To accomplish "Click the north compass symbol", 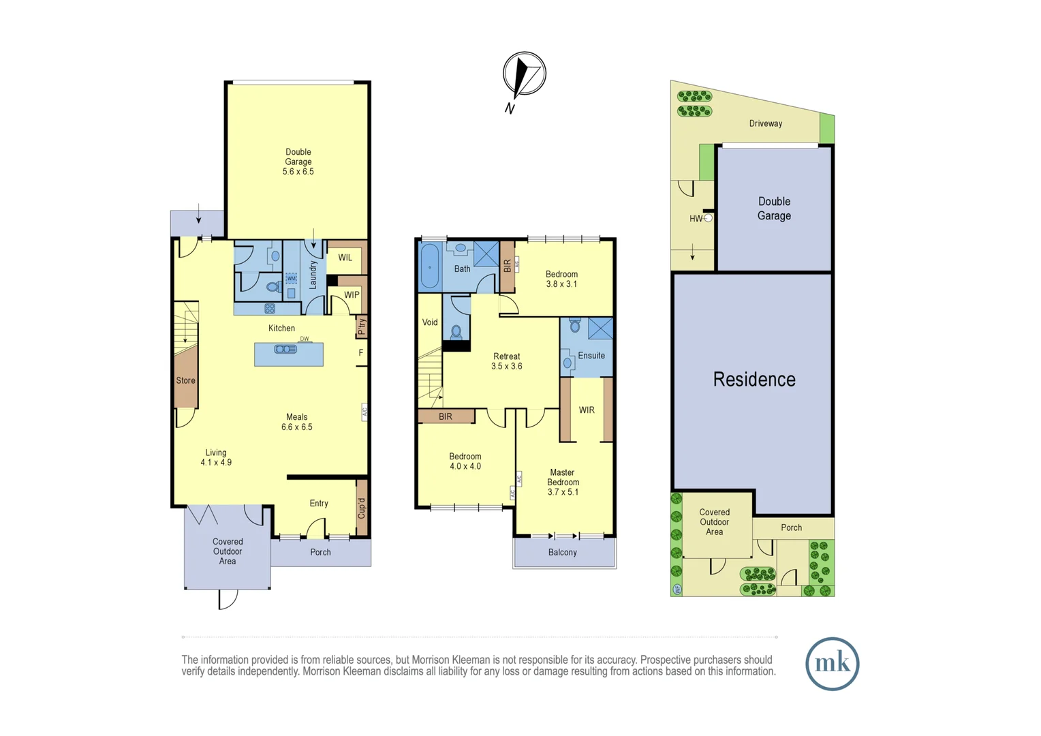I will [x=524, y=74].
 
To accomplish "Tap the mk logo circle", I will [x=832, y=664].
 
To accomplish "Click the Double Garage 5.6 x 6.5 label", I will [x=298, y=162].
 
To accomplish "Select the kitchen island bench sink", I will [x=285, y=350].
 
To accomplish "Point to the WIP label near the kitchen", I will [x=352, y=295].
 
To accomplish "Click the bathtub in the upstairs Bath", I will [x=430, y=266].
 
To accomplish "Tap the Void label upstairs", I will [x=430, y=322].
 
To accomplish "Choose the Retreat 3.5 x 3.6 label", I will [x=506, y=361].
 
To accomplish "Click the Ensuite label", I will [x=591, y=356].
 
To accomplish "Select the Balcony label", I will [x=563, y=553].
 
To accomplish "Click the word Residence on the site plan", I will [x=754, y=380].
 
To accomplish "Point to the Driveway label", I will [x=766, y=123].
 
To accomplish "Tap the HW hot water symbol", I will [x=708, y=218].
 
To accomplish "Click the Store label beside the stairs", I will [x=185, y=381].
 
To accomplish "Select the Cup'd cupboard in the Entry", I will [x=362, y=508].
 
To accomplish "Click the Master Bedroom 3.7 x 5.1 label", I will [x=563, y=482].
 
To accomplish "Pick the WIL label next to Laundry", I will [x=345, y=258].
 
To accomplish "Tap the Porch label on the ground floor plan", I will [x=320, y=553].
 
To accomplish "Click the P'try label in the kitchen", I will [x=362, y=327].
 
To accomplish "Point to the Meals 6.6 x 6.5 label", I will [x=297, y=422].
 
